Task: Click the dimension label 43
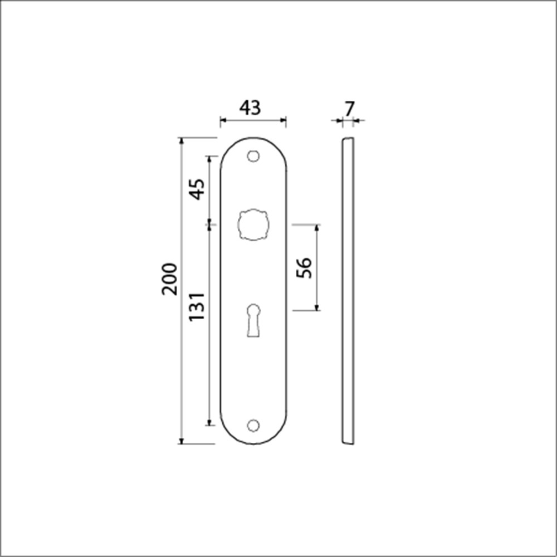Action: click(x=250, y=108)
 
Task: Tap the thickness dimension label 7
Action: click(x=350, y=109)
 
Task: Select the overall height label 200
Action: click(x=169, y=279)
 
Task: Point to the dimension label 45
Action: click(x=197, y=189)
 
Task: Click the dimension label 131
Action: click(x=197, y=306)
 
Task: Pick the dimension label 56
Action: click(x=304, y=268)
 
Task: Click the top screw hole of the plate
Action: click(x=253, y=156)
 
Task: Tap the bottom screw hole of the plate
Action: click(x=253, y=425)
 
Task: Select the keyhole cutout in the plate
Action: click(x=253, y=320)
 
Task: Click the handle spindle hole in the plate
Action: click(x=253, y=224)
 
